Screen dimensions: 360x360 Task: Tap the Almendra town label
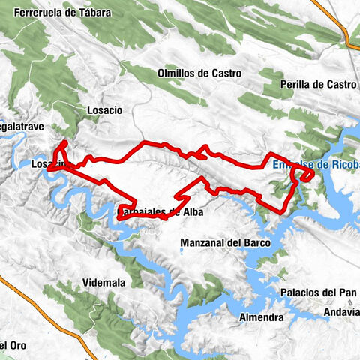(x=260, y=317)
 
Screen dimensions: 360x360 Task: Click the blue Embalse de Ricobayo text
(x=314, y=165)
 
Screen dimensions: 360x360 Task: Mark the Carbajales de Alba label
(x=161, y=211)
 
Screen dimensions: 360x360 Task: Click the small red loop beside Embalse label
(x=304, y=175)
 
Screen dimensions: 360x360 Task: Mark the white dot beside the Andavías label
(x=327, y=319)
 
